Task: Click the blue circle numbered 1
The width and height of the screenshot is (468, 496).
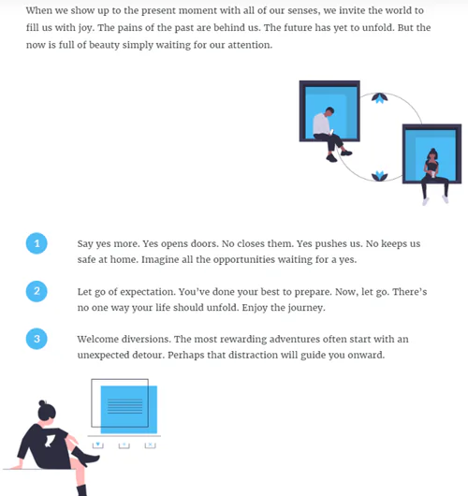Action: coord(37,243)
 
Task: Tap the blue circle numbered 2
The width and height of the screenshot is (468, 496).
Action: coord(37,291)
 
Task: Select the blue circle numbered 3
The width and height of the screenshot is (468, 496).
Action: coord(37,339)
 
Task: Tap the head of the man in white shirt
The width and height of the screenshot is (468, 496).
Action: coord(329,112)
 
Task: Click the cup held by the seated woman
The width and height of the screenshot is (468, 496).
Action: coord(432,173)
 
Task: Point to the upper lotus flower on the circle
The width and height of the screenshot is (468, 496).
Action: coord(380,98)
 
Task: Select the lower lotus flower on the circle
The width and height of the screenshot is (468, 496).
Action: coord(379,176)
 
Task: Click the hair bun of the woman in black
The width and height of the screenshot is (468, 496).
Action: coord(42,403)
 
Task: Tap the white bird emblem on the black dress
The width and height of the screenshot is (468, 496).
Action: coord(50,441)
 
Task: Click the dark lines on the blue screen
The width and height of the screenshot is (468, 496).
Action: coord(125,406)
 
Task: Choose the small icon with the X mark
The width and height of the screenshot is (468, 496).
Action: coord(150,445)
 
